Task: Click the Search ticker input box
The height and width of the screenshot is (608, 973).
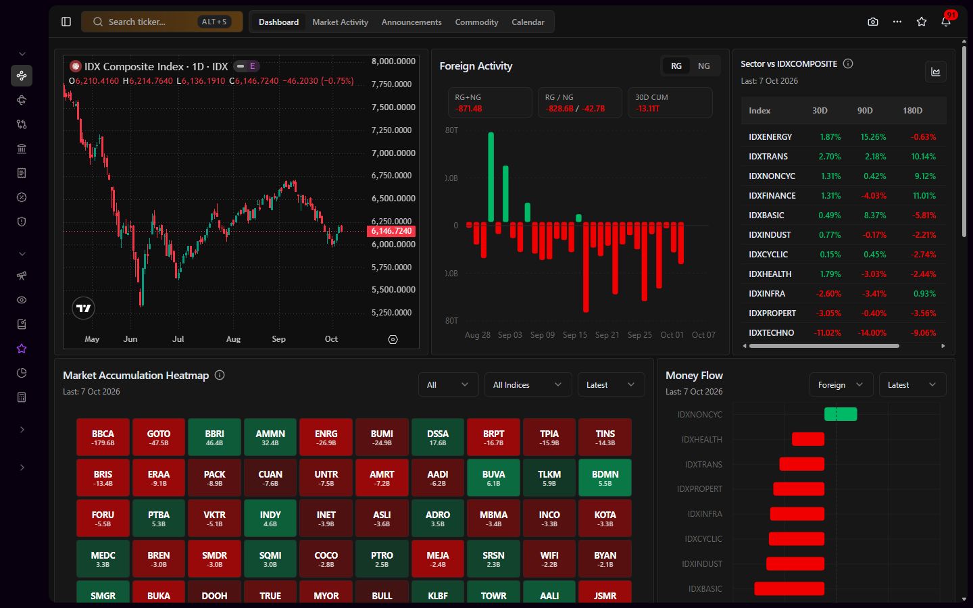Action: click(x=161, y=22)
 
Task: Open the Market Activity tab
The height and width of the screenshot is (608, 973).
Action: click(x=340, y=22)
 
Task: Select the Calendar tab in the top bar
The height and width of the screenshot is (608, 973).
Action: click(x=528, y=22)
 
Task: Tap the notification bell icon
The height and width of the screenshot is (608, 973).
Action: click(x=946, y=22)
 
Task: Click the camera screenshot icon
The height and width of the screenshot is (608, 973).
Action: click(x=873, y=22)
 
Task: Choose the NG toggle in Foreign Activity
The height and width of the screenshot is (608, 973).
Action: click(x=703, y=66)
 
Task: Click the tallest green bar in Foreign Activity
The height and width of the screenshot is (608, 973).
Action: click(x=491, y=177)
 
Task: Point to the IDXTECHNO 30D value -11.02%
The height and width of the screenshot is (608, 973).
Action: click(x=827, y=332)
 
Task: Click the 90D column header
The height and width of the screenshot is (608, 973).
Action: click(x=864, y=110)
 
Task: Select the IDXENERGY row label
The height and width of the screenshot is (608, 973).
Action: click(x=770, y=136)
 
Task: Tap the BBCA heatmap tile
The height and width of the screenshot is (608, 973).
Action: click(x=103, y=437)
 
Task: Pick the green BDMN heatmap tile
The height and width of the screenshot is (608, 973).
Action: click(x=605, y=477)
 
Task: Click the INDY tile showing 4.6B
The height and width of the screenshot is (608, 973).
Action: click(x=270, y=518)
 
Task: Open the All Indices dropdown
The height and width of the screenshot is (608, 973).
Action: click(x=528, y=385)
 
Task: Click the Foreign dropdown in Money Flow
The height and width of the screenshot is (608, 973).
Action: click(x=841, y=385)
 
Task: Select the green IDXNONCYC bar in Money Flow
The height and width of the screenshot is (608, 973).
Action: click(x=841, y=414)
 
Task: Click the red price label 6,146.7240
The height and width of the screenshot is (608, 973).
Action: click(x=391, y=231)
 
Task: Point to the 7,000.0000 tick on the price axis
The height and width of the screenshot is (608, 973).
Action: click(x=393, y=153)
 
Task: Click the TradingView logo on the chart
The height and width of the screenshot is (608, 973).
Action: click(x=83, y=308)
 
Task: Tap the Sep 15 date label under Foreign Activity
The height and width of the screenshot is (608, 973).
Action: click(x=574, y=335)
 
